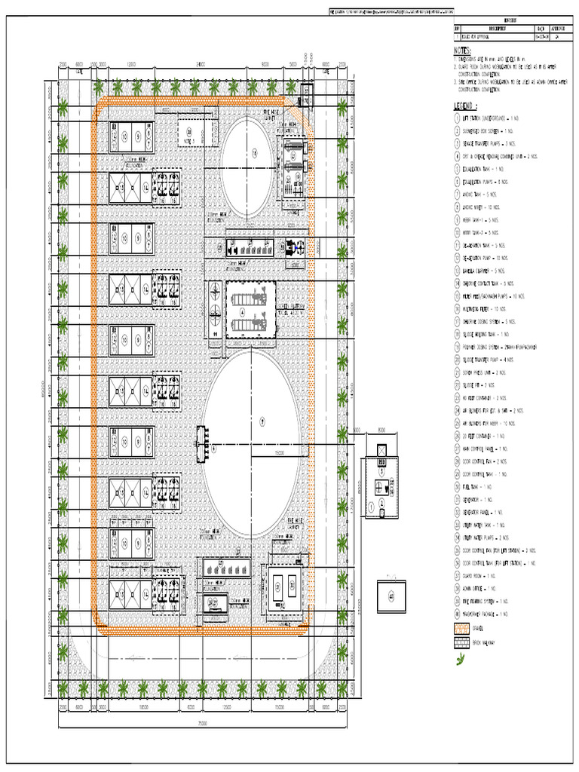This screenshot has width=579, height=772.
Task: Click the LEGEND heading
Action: [466, 106]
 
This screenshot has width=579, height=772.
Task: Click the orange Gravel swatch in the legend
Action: [461, 628]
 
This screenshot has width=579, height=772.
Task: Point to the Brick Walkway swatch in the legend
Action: [461, 642]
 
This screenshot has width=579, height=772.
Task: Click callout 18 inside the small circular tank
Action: [254, 154]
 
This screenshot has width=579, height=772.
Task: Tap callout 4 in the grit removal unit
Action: [242, 310]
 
